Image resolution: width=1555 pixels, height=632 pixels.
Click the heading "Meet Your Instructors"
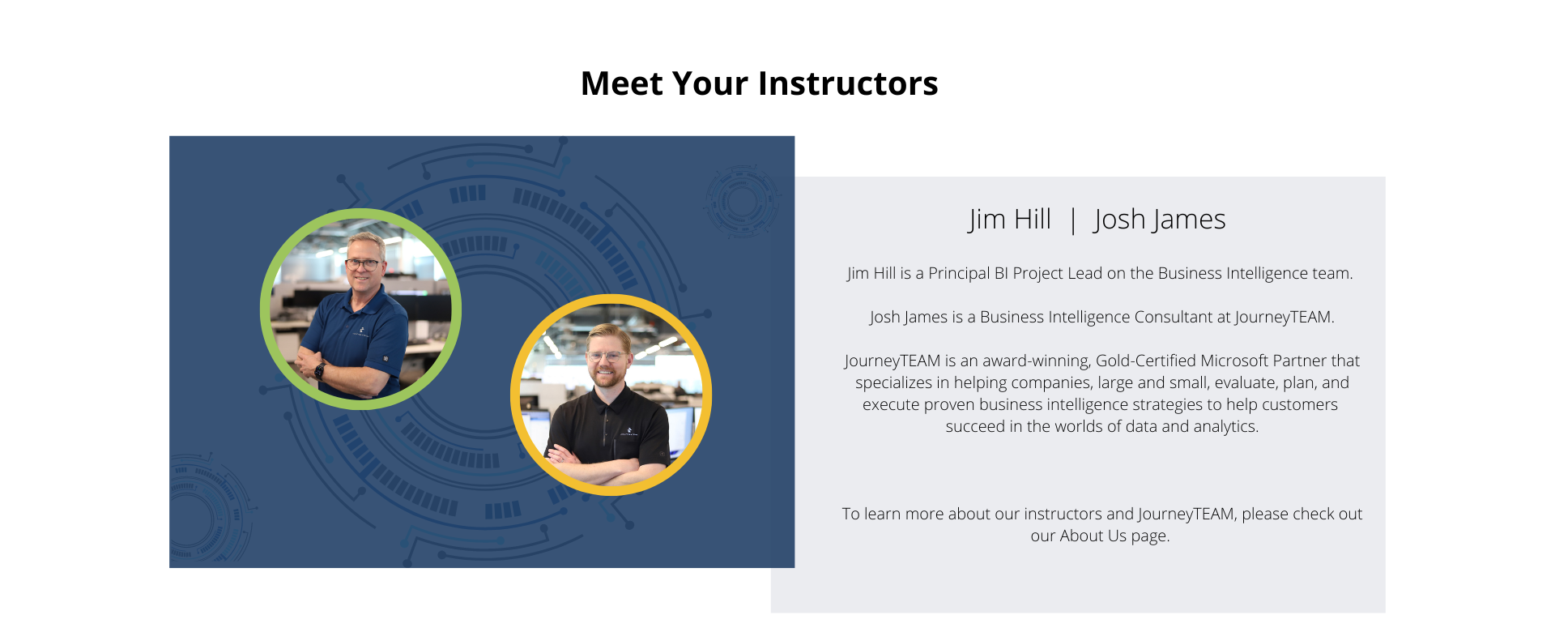760,83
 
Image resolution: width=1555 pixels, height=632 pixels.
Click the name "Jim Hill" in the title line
1009,220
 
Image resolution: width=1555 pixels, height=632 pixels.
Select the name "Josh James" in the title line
1159,220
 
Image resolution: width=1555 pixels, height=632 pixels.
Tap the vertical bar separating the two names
1073,220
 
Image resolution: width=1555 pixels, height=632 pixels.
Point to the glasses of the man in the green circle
364,263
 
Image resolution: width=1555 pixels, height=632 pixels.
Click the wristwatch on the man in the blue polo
319,371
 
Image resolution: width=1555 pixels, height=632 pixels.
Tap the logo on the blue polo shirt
361,331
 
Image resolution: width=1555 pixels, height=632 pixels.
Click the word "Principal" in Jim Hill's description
959,274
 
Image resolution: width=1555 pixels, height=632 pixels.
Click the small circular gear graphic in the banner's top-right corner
741,201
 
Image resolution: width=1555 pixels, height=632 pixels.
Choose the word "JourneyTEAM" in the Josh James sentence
1283,318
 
